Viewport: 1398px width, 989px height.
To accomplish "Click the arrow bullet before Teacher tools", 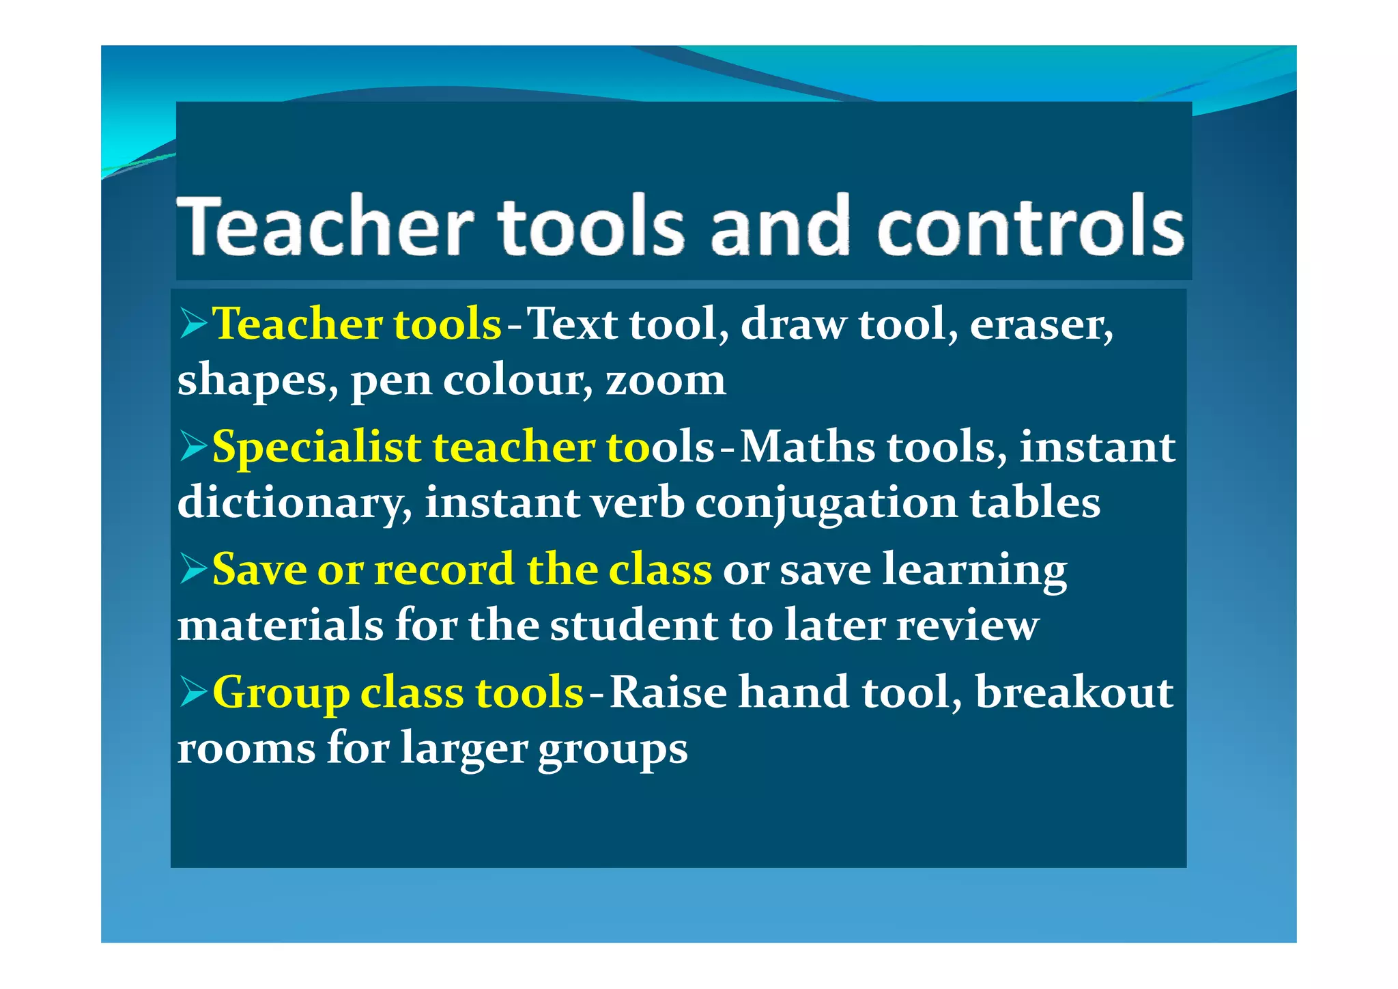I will coord(193,323).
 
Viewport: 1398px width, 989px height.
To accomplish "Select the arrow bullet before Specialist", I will coord(193,447).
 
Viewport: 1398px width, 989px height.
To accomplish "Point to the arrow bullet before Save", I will coord(193,569).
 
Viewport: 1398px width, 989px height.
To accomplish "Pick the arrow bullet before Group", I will coord(193,692).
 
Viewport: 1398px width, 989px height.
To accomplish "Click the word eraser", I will coord(1040,324).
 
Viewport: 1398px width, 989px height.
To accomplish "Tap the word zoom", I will coord(666,380).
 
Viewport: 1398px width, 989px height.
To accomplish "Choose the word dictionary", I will coord(294,503).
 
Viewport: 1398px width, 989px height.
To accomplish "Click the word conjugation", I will coord(826,503).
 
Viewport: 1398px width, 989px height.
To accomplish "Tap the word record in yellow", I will coord(444,570).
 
